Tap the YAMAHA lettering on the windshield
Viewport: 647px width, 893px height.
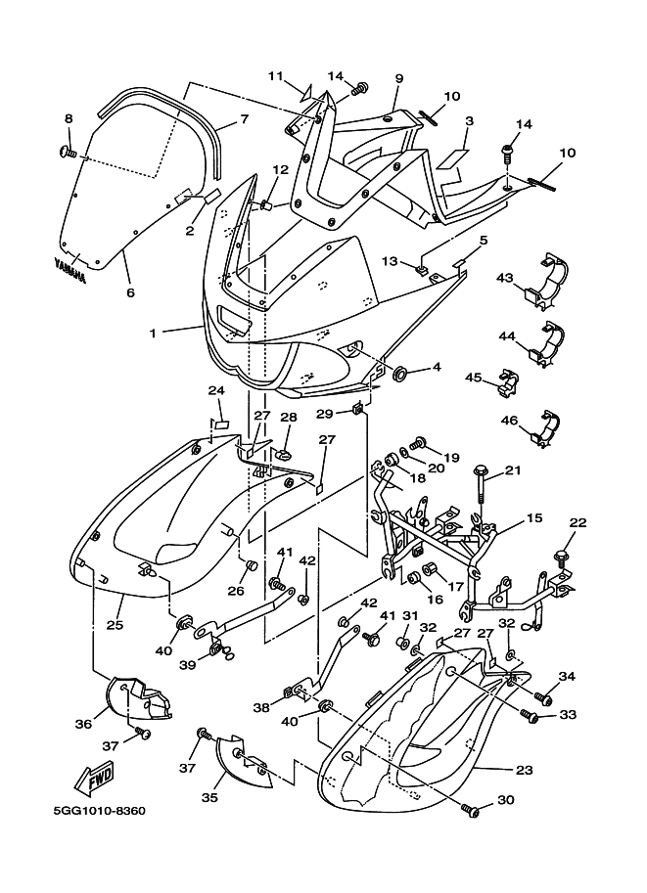pyautogui.click(x=69, y=269)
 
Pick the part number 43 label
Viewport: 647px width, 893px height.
pyautogui.click(x=504, y=279)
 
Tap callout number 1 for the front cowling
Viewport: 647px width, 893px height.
pyautogui.click(x=153, y=333)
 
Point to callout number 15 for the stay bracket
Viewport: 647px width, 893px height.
pyautogui.click(x=534, y=518)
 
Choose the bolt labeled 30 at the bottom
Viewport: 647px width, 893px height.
pyautogui.click(x=472, y=811)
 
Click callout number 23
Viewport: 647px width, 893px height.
pyautogui.click(x=525, y=770)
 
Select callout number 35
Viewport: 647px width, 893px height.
pyautogui.click(x=208, y=797)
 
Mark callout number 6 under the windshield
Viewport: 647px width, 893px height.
pyautogui.click(x=129, y=292)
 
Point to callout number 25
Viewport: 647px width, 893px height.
pyautogui.click(x=114, y=624)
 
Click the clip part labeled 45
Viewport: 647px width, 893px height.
pyautogui.click(x=503, y=381)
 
